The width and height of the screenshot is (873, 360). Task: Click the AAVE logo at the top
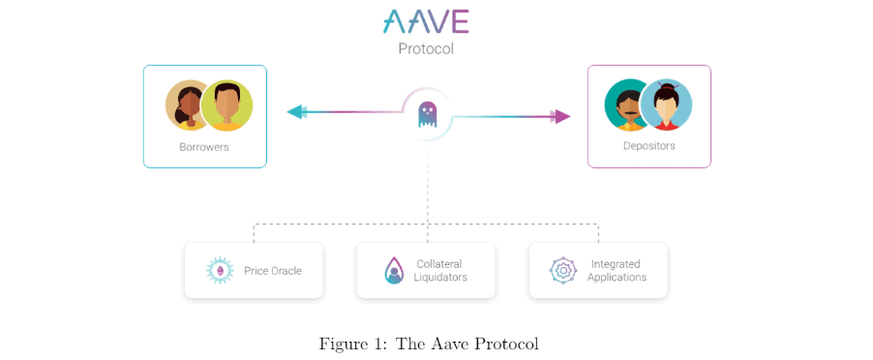pyautogui.click(x=426, y=21)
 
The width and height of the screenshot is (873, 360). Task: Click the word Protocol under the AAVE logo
pyautogui.click(x=426, y=47)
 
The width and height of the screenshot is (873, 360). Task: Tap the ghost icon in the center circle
pyautogui.click(x=427, y=115)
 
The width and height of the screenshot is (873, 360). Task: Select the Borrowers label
pyautogui.click(x=204, y=147)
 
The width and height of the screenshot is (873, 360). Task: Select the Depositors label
pyautogui.click(x=648, y=146)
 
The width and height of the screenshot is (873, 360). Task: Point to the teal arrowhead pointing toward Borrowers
pyautogui.click(x=295, y=112)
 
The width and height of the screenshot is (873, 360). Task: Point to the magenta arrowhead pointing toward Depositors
pyautogui.click(x=561, y=116)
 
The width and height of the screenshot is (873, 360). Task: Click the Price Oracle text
pyautogui.click(x=272, y=271)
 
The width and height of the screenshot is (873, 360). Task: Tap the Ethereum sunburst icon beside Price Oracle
pyautogui.click(x=221, y=271)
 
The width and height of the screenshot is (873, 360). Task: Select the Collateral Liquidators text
pyautogui.click(x=440, y=270)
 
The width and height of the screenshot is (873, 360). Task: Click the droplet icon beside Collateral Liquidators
pyautogui.click(x=393, y=270)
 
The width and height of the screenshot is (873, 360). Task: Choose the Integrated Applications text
pyautogui.click(x=616, y=270)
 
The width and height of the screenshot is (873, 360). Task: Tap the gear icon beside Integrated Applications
pyautogui.click(x=562, y=270)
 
